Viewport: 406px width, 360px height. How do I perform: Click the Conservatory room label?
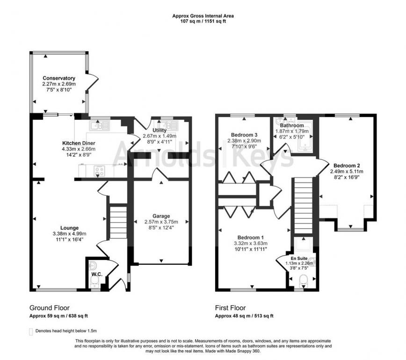pyautogui.click(x=59, y=78)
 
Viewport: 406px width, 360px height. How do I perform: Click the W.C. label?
pyautogui.click(x=97, y=274)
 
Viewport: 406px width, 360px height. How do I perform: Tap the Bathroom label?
pyautogui.click(x=292, y=125)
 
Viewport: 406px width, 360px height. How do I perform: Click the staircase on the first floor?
pyautogui.click(x=302, y=206)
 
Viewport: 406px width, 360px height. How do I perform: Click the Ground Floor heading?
pyautogui.click(x=50, y=308)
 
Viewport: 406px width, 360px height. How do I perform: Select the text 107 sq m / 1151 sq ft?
pyautogui.click(x=203, y=22)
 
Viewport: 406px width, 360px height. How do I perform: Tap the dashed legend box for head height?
pyautogui.click(x=31, y=331)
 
